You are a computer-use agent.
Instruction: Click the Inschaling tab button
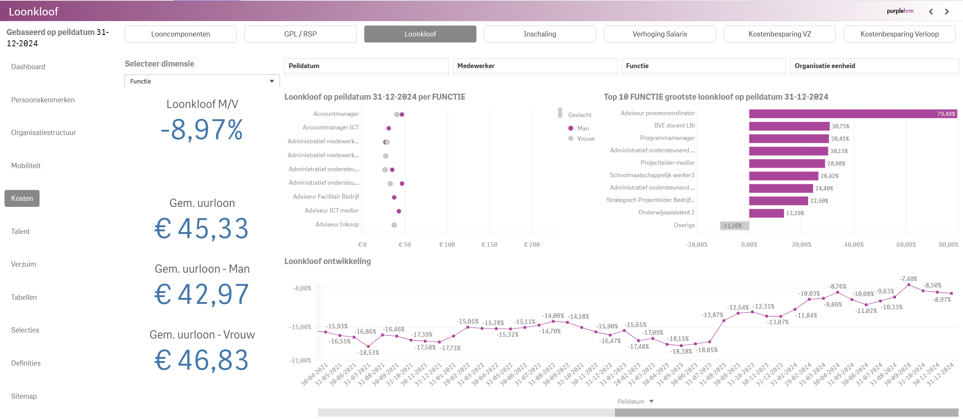(540, 34)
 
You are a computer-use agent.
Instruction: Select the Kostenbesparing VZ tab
(779, 34)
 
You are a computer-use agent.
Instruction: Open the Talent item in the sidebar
(20, 232)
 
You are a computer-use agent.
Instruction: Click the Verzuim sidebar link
(23, 264)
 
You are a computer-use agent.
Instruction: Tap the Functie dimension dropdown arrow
(272, 81)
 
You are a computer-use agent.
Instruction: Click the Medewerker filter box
(535, 66)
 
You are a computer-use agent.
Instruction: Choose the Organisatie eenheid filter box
(874, 66)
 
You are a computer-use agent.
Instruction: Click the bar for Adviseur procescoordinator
(852, 114)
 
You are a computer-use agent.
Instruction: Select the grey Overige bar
(734, 226)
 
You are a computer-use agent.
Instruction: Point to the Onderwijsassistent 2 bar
(766, 213)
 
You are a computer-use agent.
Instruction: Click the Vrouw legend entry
(586, 139)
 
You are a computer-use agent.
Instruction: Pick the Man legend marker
(571, 128)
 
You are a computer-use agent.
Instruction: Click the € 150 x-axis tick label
(489, 245)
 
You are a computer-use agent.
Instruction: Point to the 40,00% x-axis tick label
(853, 245)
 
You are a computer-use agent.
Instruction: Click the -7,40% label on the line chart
(908, 279)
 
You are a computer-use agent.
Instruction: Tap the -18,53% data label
(368, 353)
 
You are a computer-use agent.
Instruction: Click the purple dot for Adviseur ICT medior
(399, 211)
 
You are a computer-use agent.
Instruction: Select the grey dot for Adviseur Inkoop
(394, 225)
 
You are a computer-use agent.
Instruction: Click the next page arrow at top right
(947, 12)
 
